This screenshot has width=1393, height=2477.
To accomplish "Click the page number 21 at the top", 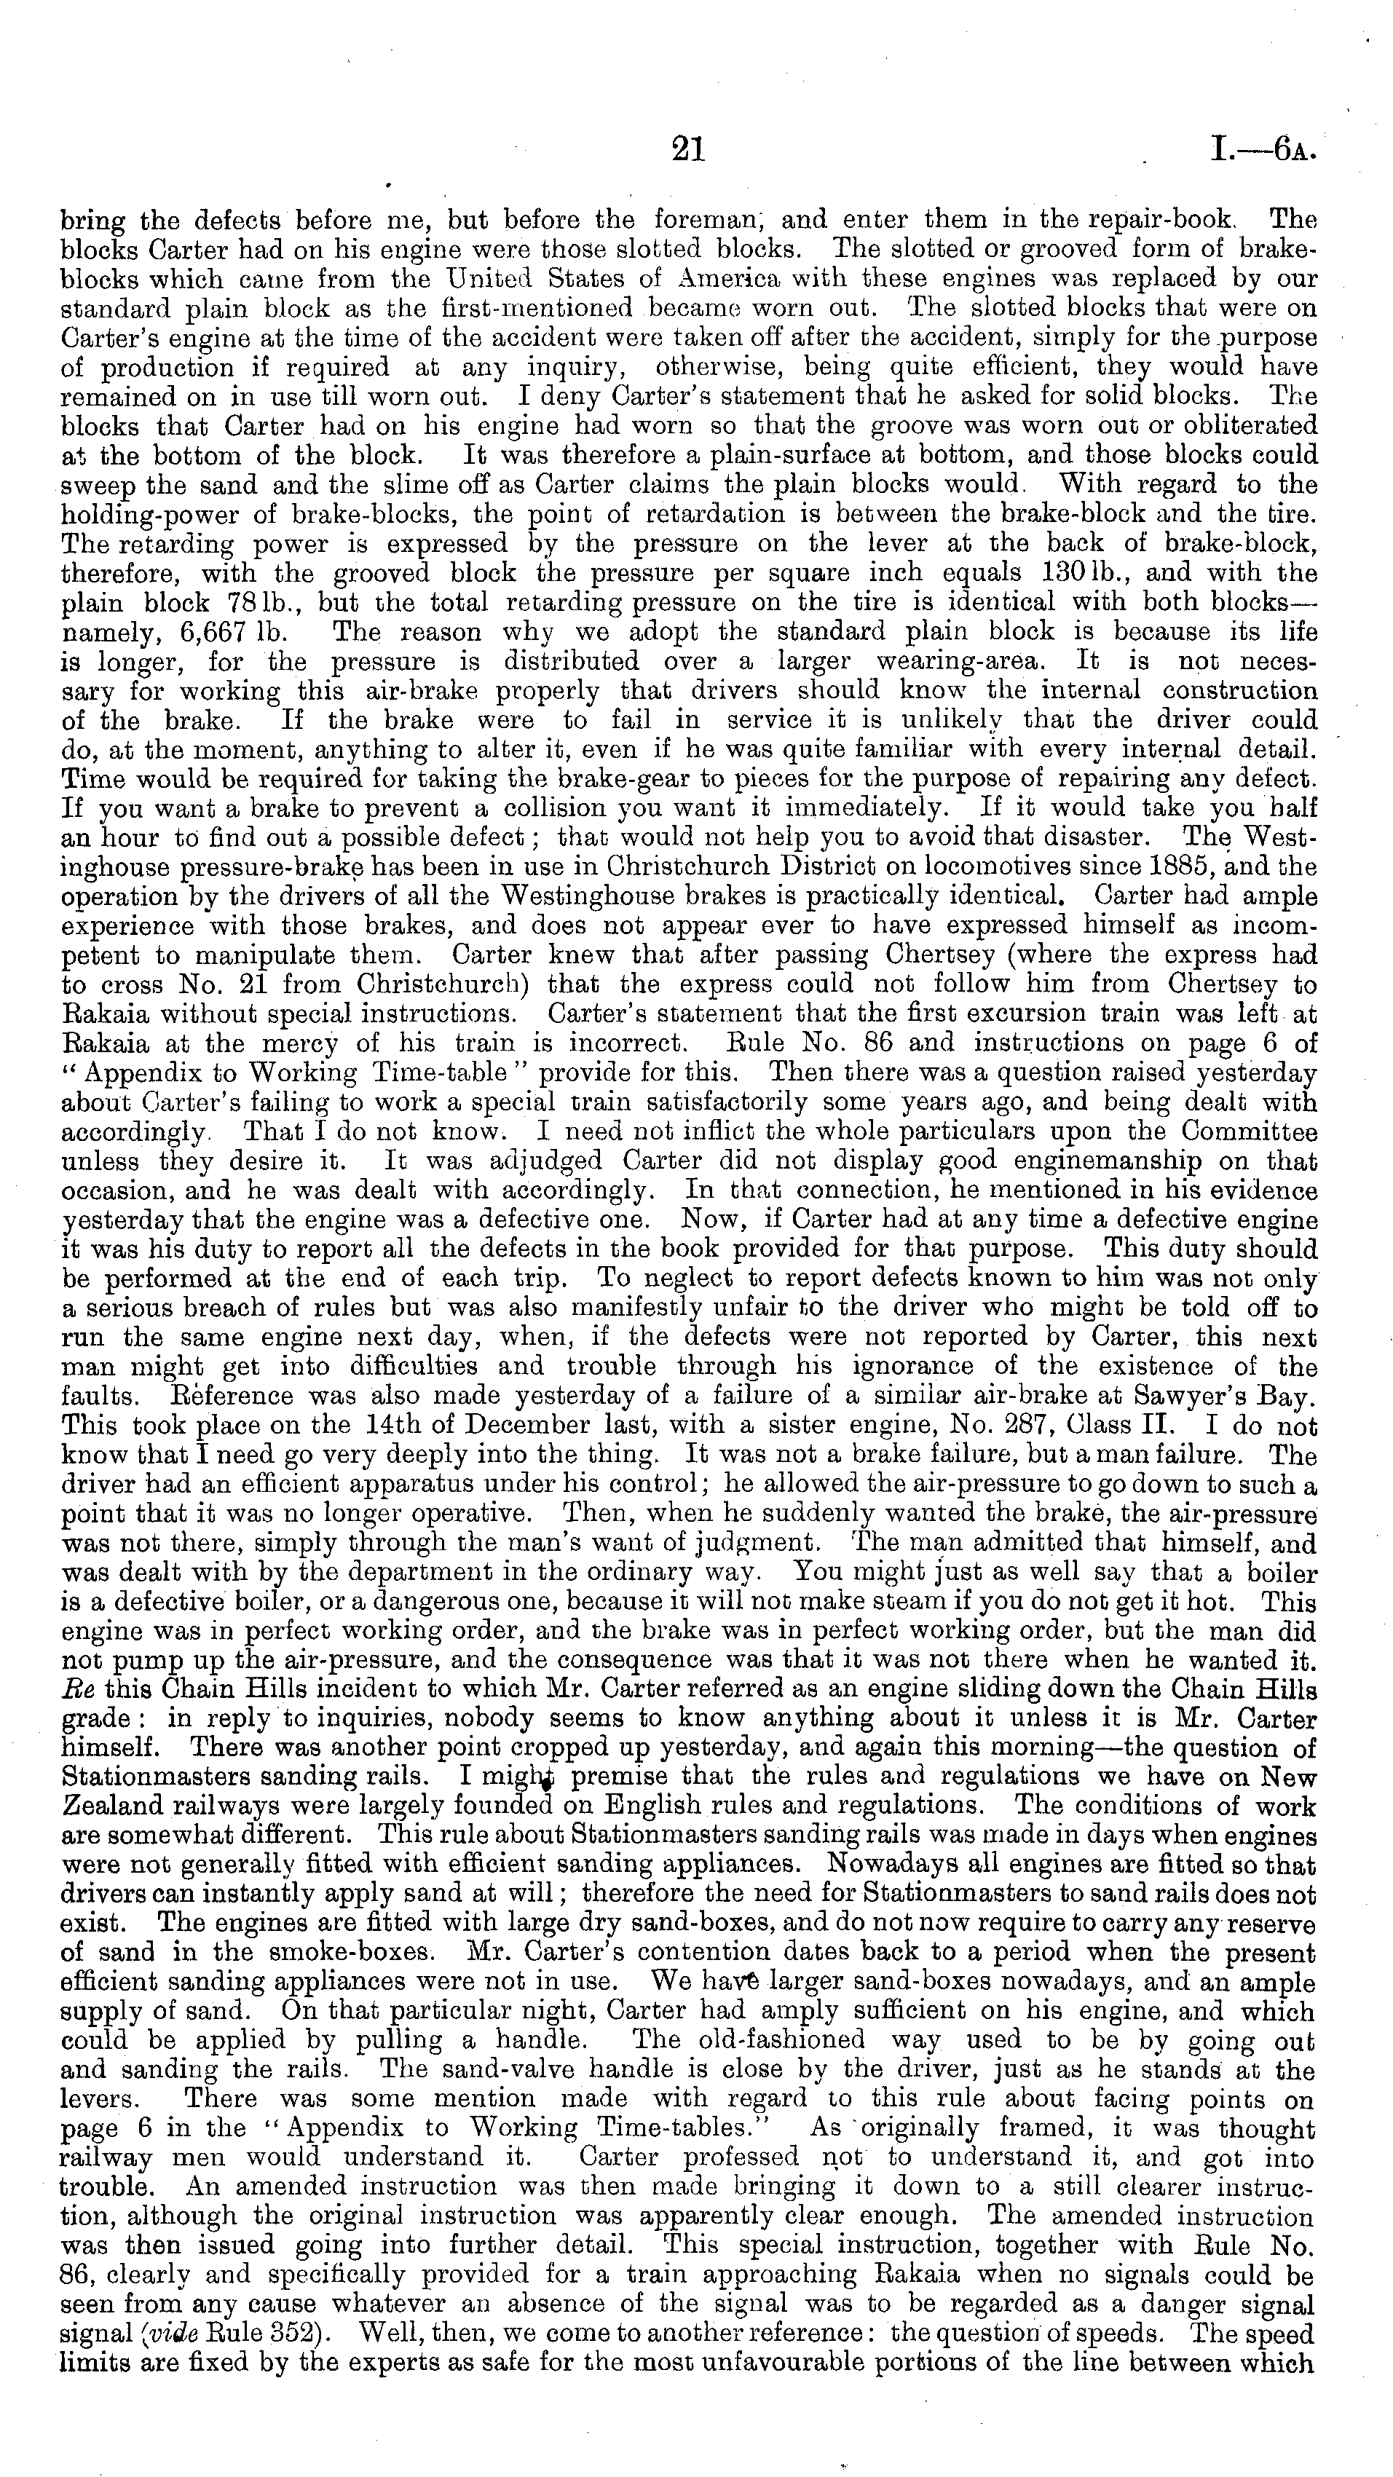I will click(x=688, y=149).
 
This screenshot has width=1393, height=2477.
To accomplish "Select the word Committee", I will click(x=1249, y=1131).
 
